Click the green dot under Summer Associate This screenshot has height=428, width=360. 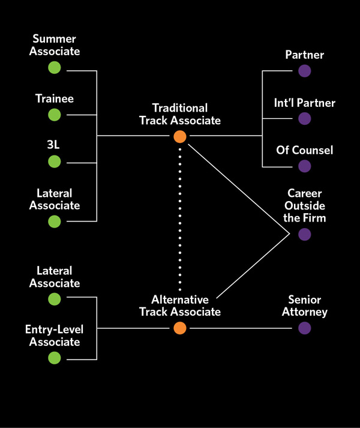point(55,67)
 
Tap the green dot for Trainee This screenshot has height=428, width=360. point(55,114)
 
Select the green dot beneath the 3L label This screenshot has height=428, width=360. point(55,161)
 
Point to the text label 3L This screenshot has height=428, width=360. point(55,145)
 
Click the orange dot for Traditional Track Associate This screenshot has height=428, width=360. point(180,137)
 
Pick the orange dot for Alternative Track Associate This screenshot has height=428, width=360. point(180,328)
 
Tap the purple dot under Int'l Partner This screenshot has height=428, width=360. point(305,119)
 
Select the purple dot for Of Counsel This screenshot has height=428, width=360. point(305,166)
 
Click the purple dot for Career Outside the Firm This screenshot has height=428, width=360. point(305,235)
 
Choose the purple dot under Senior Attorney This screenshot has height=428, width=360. point(305,328)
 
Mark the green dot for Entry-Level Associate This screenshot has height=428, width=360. point(55,358)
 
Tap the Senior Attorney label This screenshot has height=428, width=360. point(305,306)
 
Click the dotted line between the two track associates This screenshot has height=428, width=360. point(180,228)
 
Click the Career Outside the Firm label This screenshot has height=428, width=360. point(305,206)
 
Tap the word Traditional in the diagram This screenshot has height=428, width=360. point(180,108)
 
